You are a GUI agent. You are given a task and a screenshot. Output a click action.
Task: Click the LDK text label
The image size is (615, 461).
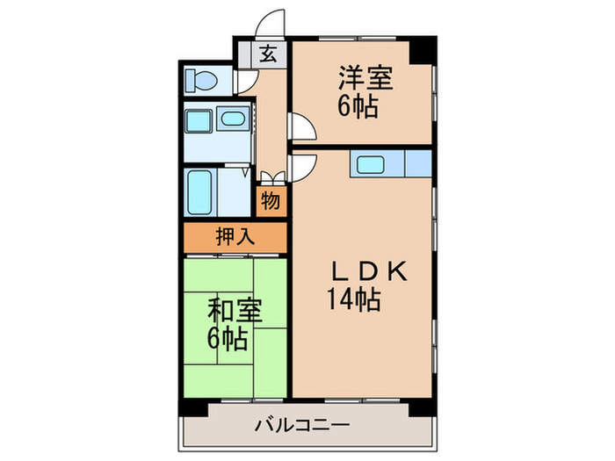(367, 273)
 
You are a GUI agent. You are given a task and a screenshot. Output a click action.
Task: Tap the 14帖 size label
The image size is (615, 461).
(354, 301)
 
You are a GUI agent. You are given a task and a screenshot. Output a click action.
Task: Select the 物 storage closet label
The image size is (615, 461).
(271, 201)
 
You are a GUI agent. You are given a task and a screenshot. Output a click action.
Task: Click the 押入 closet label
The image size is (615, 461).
(235, 236)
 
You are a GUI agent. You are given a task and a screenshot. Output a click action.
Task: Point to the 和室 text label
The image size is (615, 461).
(234, 312)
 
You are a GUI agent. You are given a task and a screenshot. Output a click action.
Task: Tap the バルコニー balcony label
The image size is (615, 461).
(302, 428)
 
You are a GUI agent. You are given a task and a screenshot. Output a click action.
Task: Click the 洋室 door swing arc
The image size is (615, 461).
(302, 128)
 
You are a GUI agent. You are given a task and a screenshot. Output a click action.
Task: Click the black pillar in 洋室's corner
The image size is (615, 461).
(424, 50)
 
